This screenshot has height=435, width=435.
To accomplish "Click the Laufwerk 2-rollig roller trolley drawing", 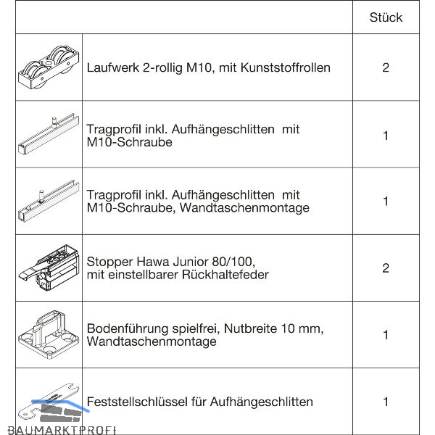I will pyautogui.click(x=47, y=67).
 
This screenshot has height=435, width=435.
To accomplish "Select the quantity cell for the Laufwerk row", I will pyautogui.click(x=385, y=68).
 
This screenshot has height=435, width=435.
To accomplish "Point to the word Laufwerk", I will pyautogui.click(x=112, y=68).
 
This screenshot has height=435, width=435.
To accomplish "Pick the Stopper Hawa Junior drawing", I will pyautogui.click(x=47, y=268).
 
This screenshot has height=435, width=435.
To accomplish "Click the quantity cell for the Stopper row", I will pyautogui.click(x=385, y=268).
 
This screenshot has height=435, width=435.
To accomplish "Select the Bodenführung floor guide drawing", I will pyautogui.click(x=48, y=334).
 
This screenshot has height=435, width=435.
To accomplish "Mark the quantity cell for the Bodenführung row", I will pyautogui.click(x=385, y=335).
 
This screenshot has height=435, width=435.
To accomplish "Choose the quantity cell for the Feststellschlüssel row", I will pyautogui.click(x=385, y=402).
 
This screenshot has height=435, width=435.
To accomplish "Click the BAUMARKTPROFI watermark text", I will pyautogui.click(x=58, y=429).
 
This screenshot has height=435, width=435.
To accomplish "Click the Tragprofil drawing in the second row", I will pyautogui.click(x=47, y=134).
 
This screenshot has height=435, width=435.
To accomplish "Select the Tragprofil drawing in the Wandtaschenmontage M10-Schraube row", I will pyautogui.click(x=47, y=202).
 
